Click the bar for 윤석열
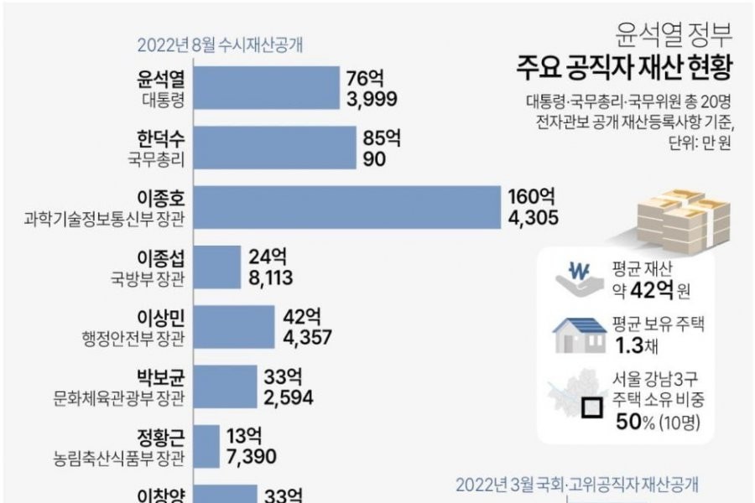point(266,88)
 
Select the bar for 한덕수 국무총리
point(275,147)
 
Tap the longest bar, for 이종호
point(346,207)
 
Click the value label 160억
point(531,198)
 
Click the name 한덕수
point(159,137)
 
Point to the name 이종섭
point(159,257)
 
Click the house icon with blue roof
point(580,334)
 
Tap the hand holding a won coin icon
point(579,279)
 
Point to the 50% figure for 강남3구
point(633,418)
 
